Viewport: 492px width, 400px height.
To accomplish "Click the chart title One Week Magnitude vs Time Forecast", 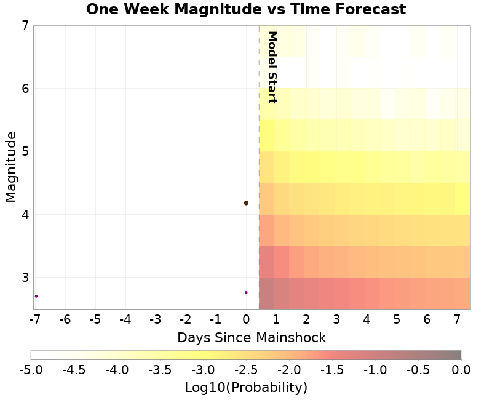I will [x=246, y=10].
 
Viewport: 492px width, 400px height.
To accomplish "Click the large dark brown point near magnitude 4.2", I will [x=246, y=202].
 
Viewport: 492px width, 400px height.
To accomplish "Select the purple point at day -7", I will [x=36, y=296].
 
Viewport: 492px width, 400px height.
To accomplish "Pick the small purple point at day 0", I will [x=246, y=292].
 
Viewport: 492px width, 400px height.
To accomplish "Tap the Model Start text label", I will [x=272, y=67].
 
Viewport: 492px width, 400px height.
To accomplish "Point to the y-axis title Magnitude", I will [x=10, y=166].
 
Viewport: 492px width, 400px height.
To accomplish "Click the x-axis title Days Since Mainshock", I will [x=252, y=337].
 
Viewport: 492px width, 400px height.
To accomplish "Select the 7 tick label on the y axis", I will [x=25, y=25].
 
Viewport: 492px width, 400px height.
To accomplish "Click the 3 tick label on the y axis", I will [x=25, y=277].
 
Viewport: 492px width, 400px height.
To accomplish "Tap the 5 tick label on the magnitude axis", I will [x=25, y=151].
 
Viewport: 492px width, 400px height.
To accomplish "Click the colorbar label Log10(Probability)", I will [x=246, y=387].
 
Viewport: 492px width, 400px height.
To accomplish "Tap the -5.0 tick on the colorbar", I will [x=31, y=369].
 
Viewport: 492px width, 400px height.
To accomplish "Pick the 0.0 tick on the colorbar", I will [x=461, y=369].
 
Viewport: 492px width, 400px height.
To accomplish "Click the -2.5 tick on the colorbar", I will [x=246, y=369].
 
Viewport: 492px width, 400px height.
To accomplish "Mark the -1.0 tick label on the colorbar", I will [x=375, y=369].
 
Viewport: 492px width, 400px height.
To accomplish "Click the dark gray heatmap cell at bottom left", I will [x=266, y=293].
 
